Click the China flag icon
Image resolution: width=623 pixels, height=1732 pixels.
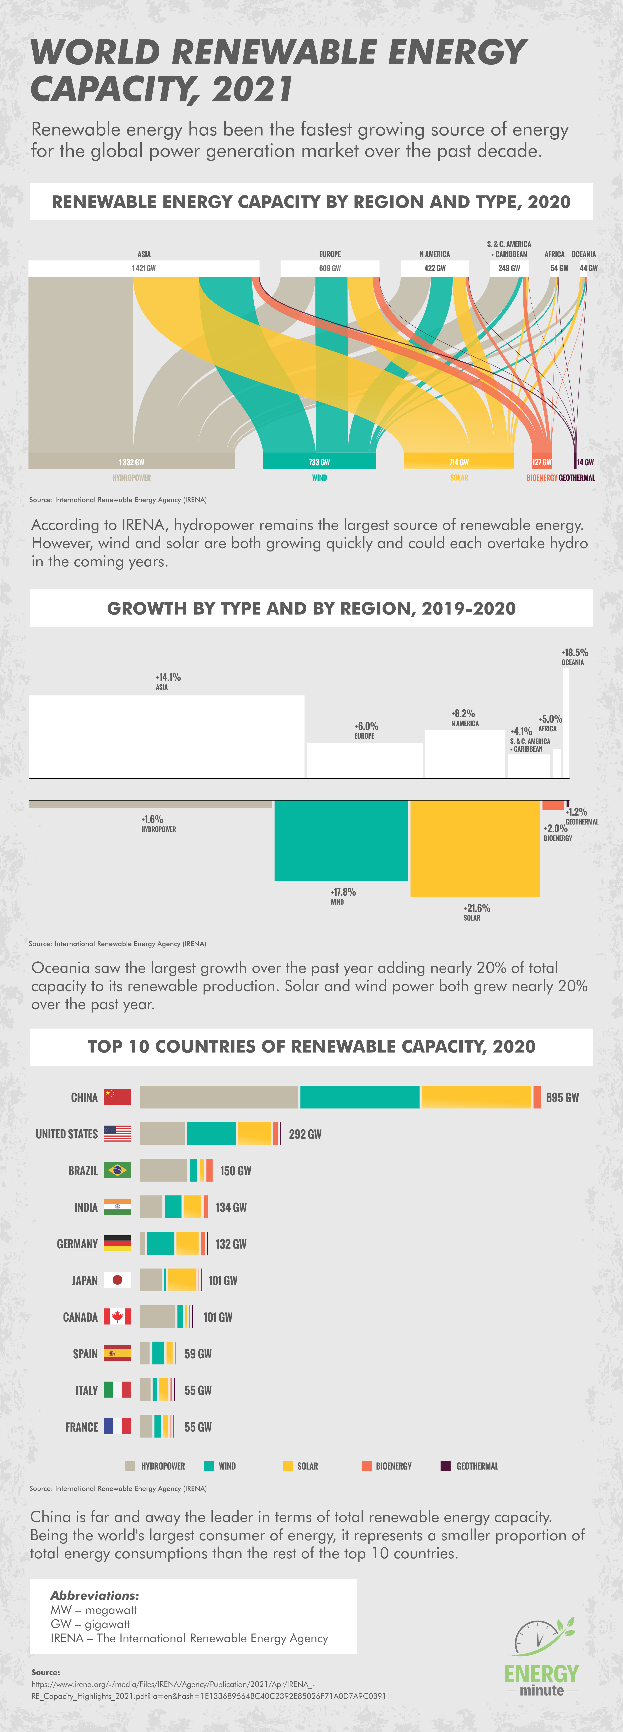[x=117, y=1097]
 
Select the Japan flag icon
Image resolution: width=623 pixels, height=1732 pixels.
[x=117, y=1280]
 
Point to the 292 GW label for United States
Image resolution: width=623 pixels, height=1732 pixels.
[x=305, y=1134]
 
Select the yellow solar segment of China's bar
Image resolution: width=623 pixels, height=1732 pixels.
[x=476, y=1097]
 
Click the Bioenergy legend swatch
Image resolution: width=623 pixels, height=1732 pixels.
[x=366, y=1466]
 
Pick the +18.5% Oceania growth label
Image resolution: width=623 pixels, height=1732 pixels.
[x=575, y=653]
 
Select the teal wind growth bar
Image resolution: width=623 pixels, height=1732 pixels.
[x=341, y=840]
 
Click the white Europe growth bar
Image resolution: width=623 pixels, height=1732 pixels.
[x=364, y=760]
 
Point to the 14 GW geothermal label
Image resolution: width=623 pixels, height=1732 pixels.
[x=585, y=463]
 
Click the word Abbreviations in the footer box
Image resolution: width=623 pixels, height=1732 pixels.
[x=94, y=1595]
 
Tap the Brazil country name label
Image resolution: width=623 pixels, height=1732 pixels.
[x=83, y=1171]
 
